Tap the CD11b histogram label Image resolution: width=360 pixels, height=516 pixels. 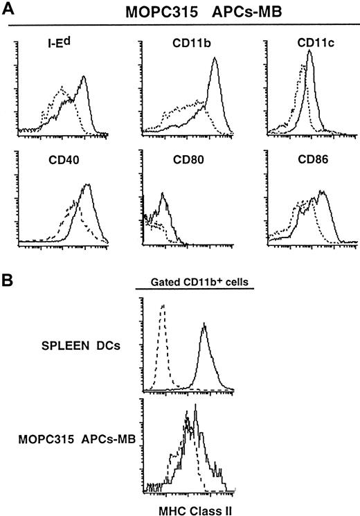(x=177, y=47)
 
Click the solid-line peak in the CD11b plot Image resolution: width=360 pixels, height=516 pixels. (x=215, y=59)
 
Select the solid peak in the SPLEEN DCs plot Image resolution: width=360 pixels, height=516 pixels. (x=204, y=323)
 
